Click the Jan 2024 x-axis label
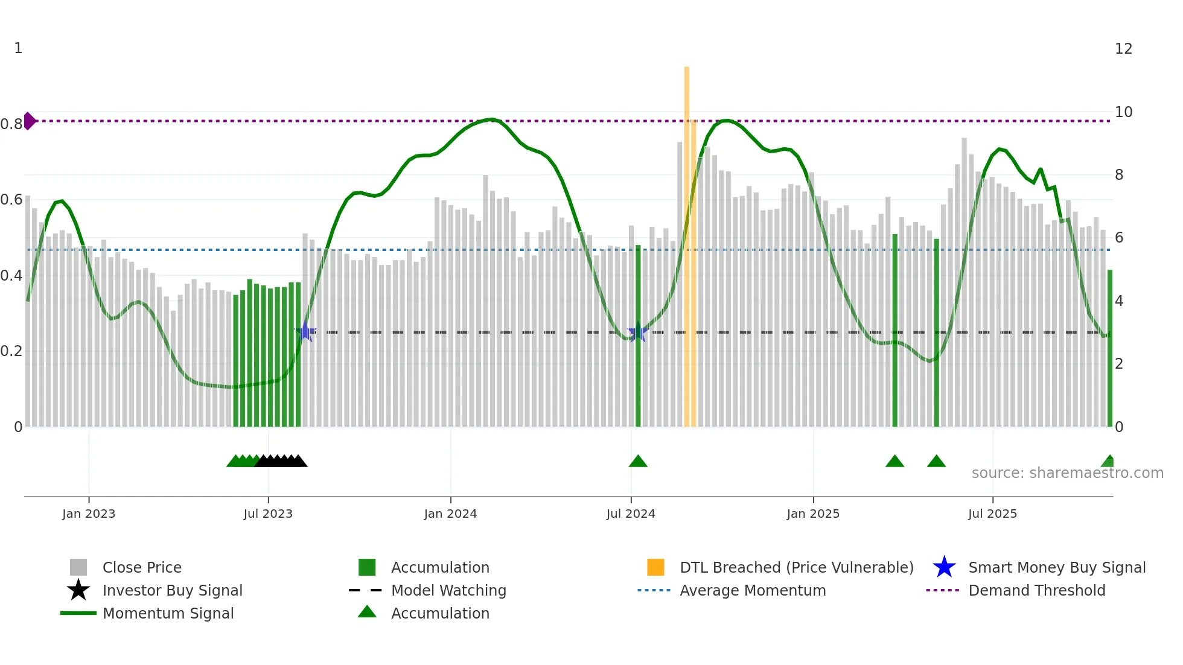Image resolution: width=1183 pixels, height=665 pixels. [x=450, y=514]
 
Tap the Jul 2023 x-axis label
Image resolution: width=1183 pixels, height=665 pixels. [x=268, y=514]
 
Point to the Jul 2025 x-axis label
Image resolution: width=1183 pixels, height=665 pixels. [x=992, y=514]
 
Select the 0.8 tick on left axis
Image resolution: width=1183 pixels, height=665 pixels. [x=11, y=124]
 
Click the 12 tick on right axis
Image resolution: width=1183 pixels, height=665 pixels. [x=1123, y=49]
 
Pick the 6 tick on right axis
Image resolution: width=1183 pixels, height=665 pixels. [x=1119, y=238]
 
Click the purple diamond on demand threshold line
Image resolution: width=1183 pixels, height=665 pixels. [x=29, y=121]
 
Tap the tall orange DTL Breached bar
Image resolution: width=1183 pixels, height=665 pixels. [x=687, y=241]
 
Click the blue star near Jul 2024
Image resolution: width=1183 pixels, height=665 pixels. [x=638, y=332]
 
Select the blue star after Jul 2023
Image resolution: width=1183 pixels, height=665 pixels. [x=305, y=331]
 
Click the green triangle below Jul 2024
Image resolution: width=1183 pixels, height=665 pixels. [x=638, y=462]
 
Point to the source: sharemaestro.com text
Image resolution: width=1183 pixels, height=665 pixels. [x=1067, y=473]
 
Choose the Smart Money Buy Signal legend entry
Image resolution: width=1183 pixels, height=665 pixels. [x=1056, y=567]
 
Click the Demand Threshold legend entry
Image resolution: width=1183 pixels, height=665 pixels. [x=1036, y=590]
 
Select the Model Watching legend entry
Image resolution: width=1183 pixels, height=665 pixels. [x=448, y=590]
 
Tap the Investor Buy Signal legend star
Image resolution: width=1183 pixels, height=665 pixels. [x=78, y=590]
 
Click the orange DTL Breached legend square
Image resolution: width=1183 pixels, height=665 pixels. [x=655, y=567]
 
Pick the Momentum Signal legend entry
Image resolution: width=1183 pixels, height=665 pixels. [x=167, y=613]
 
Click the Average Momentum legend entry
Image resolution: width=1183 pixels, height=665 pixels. [x=752, y=590]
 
